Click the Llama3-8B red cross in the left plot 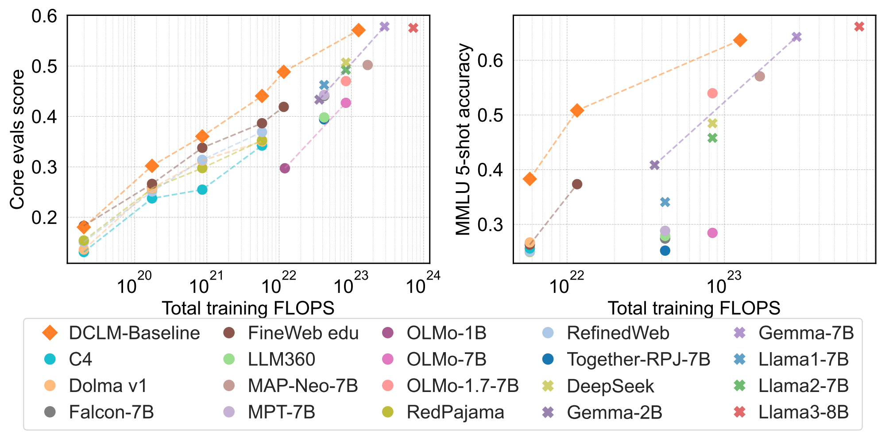tap(413, 28)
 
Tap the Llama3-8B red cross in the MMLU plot tap(859, 27)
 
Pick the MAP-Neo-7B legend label tap(303, 386)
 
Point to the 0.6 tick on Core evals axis tap(45, 16)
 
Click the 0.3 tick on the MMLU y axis tap(491, 225)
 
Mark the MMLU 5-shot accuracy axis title tap(463, 139)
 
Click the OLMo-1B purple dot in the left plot tap(285, 168)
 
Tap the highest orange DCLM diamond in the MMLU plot tap(740, 40)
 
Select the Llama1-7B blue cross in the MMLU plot tap(665, 202)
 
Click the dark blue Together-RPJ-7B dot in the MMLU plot tap(665, 251)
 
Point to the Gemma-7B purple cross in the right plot tap(796, 37)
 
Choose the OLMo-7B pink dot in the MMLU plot tap(712, 233)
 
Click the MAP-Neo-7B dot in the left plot tap(367, 65)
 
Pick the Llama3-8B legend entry tap(803, 412)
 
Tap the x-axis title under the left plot tap(248, 308)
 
